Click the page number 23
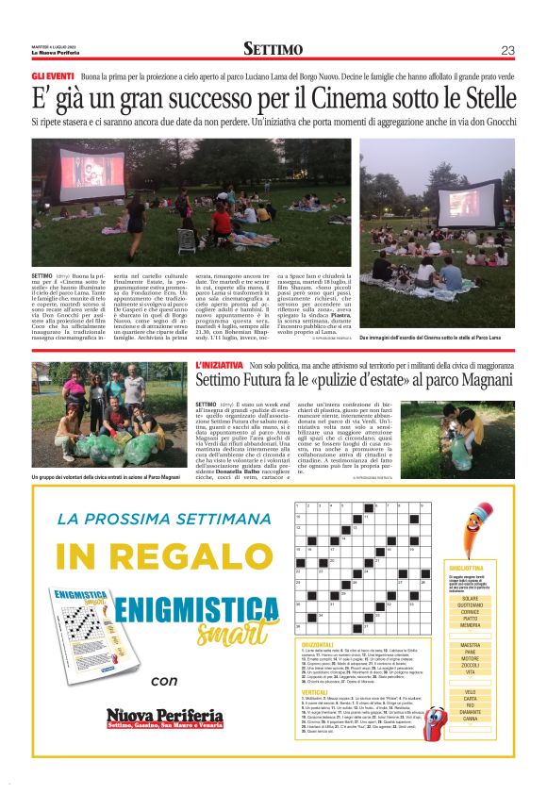point(507,50)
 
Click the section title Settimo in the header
point(273,49)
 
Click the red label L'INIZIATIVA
point(219,363)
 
